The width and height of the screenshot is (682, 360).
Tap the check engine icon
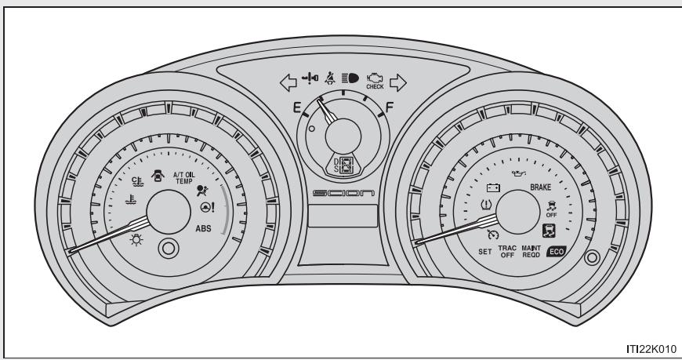[375, 78]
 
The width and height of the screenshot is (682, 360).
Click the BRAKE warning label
[542, 188]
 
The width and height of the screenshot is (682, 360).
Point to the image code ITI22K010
[652, 348]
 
